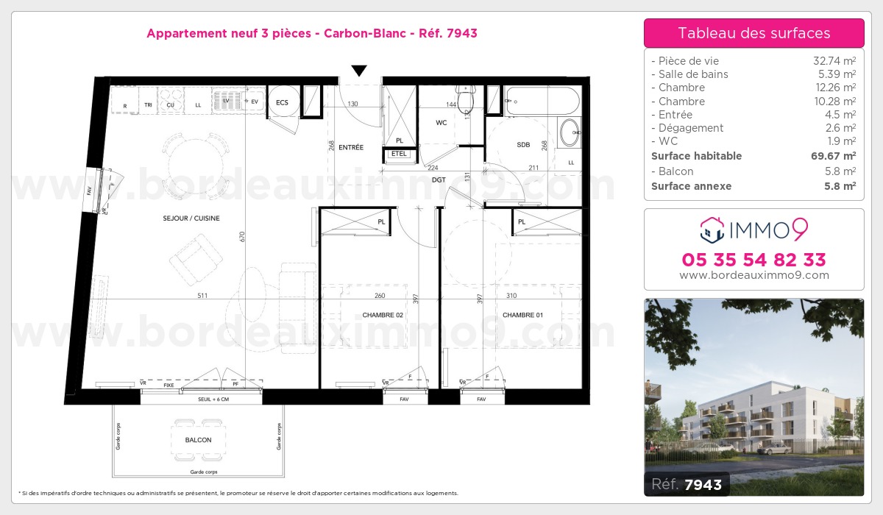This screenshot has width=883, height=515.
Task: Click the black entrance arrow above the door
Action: (x=358, y=71)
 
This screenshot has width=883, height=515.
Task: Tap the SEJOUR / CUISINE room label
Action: (x=191, y=219)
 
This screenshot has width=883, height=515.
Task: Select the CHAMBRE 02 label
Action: (x=383, y=315)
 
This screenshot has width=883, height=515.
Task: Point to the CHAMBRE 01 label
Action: (x=522, y=315)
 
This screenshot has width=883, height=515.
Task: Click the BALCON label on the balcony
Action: (x=199, y=440)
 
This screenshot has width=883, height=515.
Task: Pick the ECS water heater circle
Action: (x=283, y=102)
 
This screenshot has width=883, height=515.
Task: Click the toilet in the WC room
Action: (x=467, y=97)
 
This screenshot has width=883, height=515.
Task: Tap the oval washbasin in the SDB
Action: (x=570, y=133)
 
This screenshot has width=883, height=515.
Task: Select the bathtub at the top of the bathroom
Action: (x=543, y=100)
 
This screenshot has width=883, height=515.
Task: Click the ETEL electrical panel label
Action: (x=399, y=154)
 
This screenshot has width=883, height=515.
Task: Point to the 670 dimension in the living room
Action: (x=241, y=236)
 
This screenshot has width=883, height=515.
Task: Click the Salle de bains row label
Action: (x=693, y=74)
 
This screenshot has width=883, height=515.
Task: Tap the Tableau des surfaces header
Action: (x=753, y=33)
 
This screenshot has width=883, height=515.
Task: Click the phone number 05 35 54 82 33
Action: (x=753, y=260)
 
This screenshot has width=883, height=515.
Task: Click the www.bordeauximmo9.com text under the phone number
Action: (x=753, y=275)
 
